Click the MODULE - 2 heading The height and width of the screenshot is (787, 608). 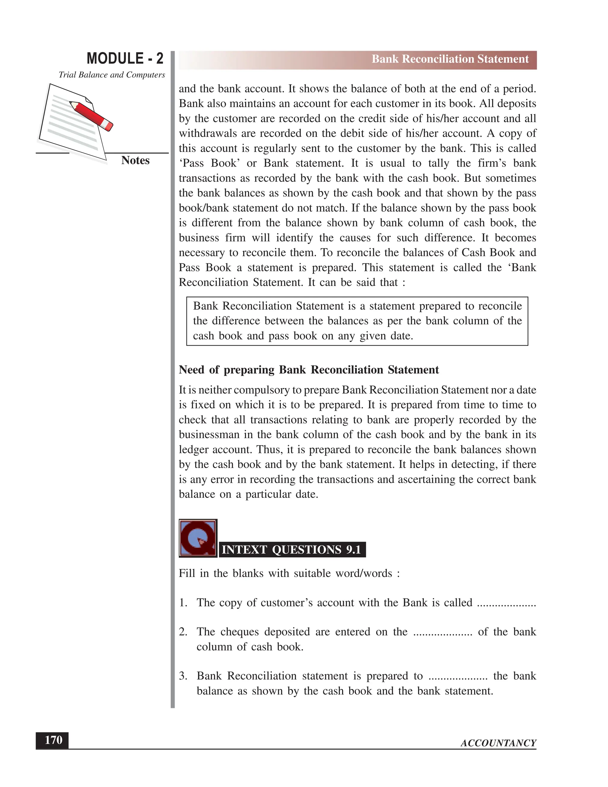(125, 59)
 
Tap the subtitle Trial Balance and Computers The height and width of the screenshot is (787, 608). (112, 75)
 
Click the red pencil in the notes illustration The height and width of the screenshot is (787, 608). (91, 115)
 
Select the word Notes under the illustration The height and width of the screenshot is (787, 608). (135, 160)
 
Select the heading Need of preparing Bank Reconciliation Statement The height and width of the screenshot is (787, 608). (309, 370)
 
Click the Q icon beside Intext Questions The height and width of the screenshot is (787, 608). (198, 538)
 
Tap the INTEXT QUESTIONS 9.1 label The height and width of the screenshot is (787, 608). (292, 550)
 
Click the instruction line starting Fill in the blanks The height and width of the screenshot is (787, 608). (289, 573)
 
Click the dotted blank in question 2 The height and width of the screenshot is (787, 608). (442, 632)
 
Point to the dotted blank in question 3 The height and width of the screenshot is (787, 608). (458, 676)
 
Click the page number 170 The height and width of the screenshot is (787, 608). (53, 740)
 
